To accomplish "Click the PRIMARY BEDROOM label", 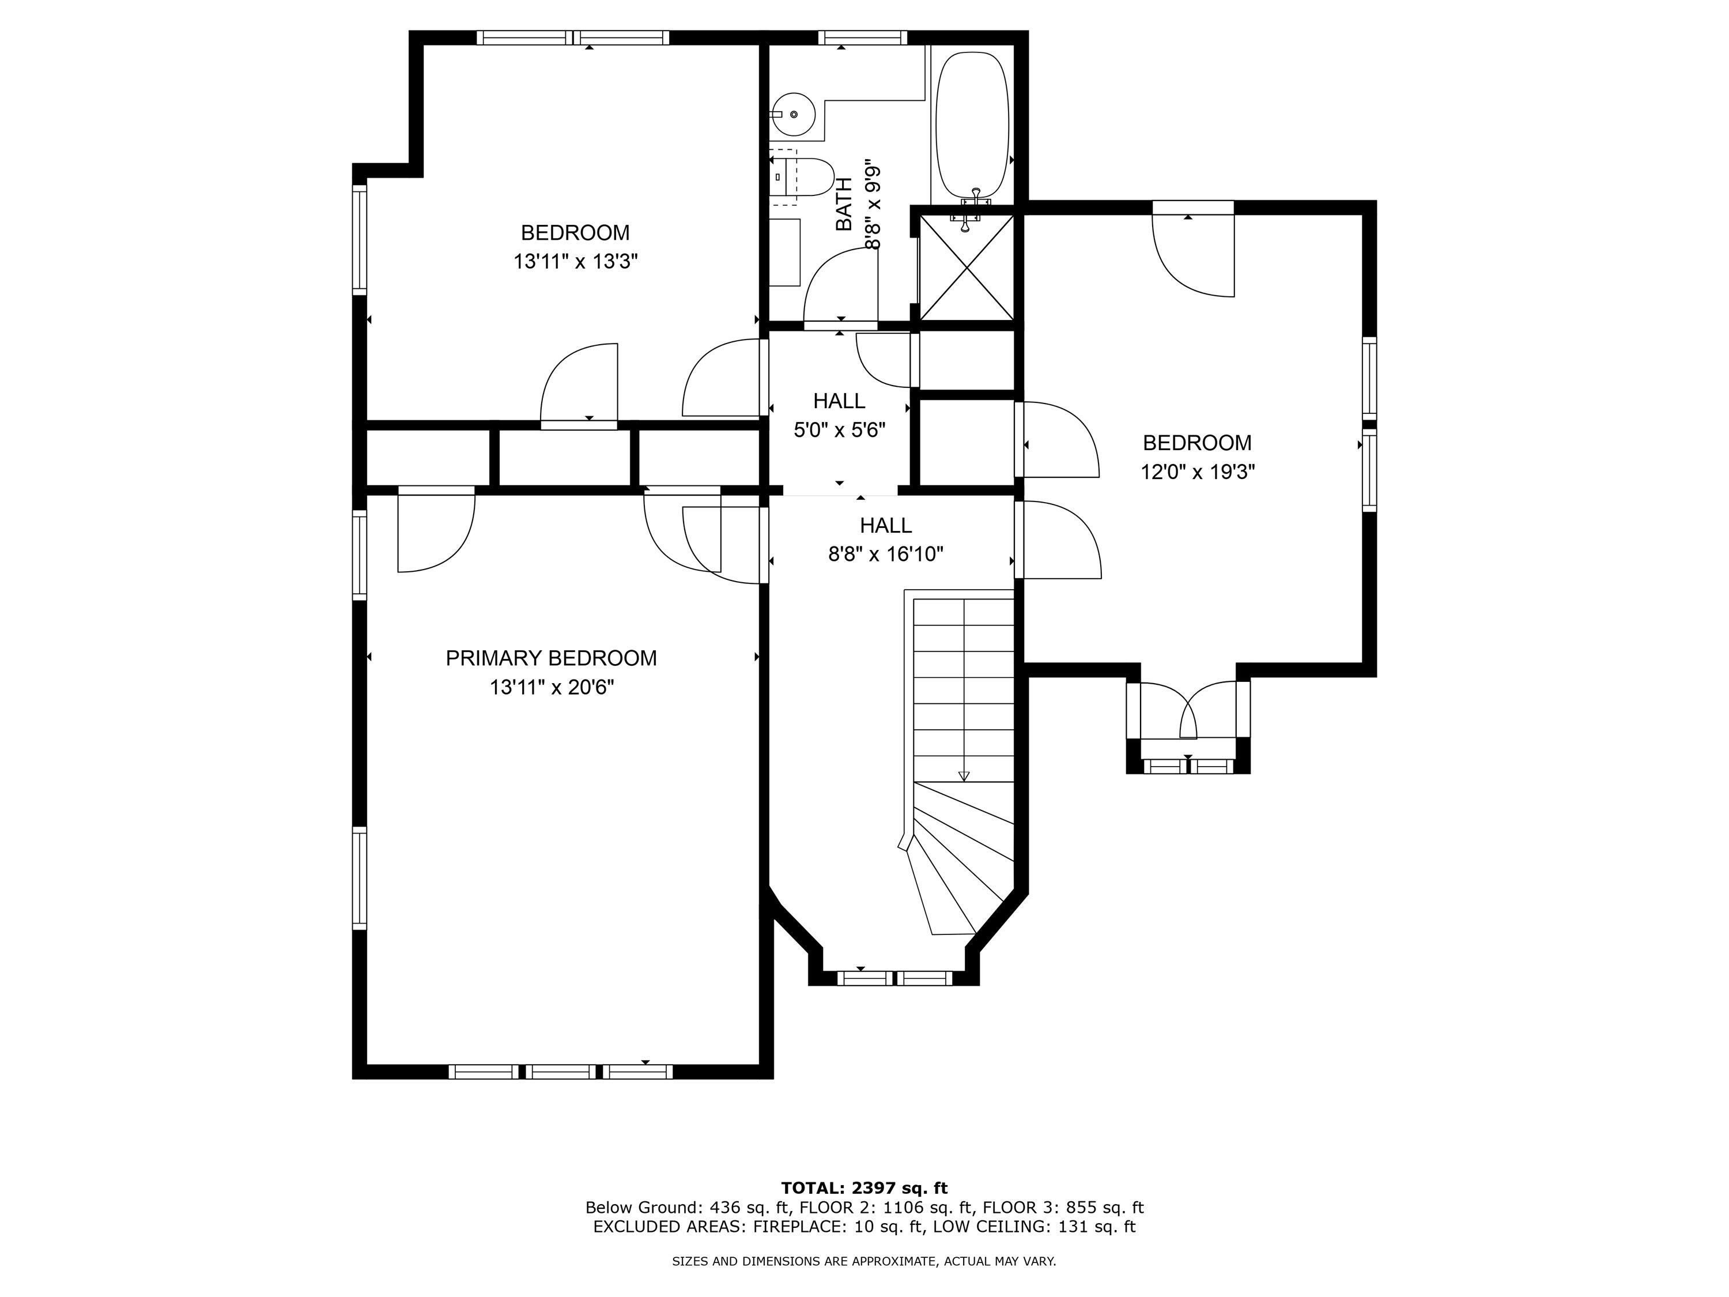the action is [551, 658].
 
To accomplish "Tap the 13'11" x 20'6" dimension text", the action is [552, 688].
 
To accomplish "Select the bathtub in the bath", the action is [972, 127].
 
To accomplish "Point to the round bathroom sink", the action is [794, 115].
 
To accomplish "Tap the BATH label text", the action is [844, 204].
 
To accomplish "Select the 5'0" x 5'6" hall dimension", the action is [840, 430].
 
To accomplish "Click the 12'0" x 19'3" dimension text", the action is [1198, 472].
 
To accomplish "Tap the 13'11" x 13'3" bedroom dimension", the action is [575, 262].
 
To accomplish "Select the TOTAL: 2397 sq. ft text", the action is [864, 1188].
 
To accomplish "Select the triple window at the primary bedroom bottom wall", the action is [560, 1071].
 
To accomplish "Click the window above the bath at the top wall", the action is [863, 37].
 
